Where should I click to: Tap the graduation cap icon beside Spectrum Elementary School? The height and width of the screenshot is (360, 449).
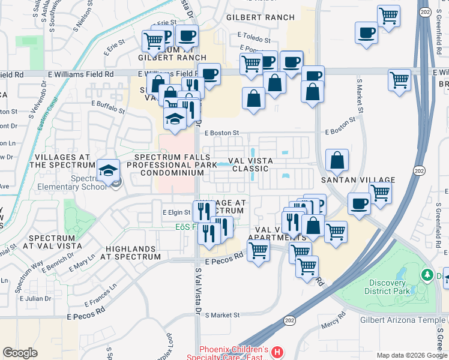click(x=109, y=172)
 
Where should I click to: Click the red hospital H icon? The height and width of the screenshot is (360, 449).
click(x=276, y=351)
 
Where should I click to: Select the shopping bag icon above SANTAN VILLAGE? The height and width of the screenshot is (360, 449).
click(x=337, y=160)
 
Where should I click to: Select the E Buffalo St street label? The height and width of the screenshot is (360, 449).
click(x=108, y=107)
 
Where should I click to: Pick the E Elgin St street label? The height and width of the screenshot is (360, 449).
click(x=176, y=212)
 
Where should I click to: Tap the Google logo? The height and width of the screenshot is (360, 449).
click(x=20, y=353)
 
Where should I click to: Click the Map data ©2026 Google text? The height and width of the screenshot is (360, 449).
click(x=411, y=355)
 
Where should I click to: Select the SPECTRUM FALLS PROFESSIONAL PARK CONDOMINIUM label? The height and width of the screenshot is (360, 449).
click(x=172, y=164)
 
